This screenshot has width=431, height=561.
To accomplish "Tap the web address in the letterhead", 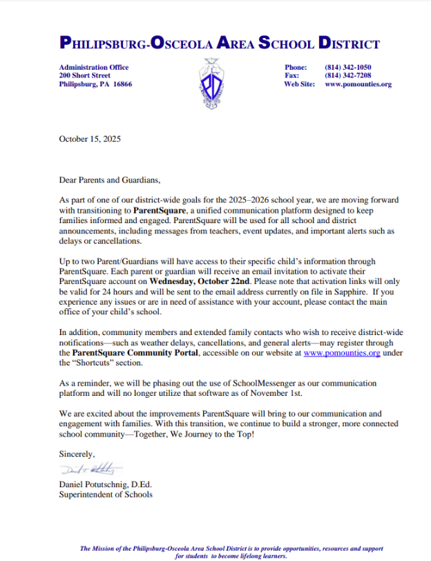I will click(x=358, y=84).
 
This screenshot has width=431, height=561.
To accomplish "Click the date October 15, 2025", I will click(x=90, y=139).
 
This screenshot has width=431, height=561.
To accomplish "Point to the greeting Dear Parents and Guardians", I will click(x=110, y=180).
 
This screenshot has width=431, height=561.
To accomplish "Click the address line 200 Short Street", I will click(x=85, y=75).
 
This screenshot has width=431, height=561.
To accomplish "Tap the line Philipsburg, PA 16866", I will click(x=95, y=84).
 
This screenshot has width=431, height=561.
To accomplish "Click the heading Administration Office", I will click(x=94, y=67).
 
